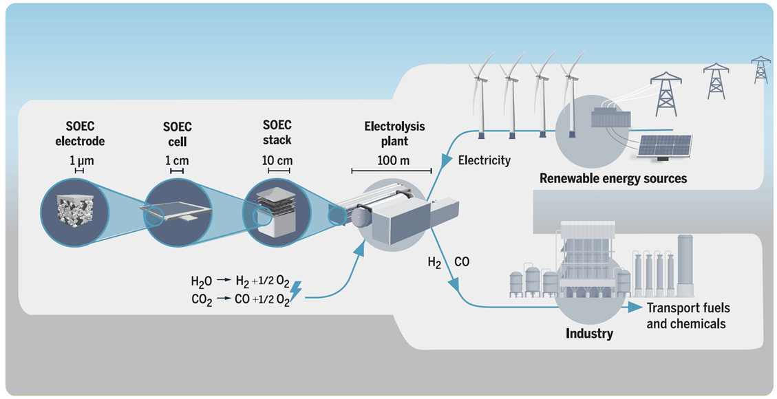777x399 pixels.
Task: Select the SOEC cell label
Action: pos(177,133)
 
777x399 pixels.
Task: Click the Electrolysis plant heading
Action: pos(394,133)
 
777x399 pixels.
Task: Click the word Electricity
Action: pos(485,160)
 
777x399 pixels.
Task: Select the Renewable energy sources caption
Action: pos(613,178)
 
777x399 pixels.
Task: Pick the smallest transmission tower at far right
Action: pos(760,69)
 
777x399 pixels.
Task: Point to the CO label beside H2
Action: pos(462,262)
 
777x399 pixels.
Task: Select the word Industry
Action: pos(589,334)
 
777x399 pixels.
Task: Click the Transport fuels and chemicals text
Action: pos(688,315)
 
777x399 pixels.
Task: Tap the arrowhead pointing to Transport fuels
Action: pos(635,307)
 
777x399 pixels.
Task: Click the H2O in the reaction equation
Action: pos(203,281)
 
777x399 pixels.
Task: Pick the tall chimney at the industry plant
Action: pos(685,265)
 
